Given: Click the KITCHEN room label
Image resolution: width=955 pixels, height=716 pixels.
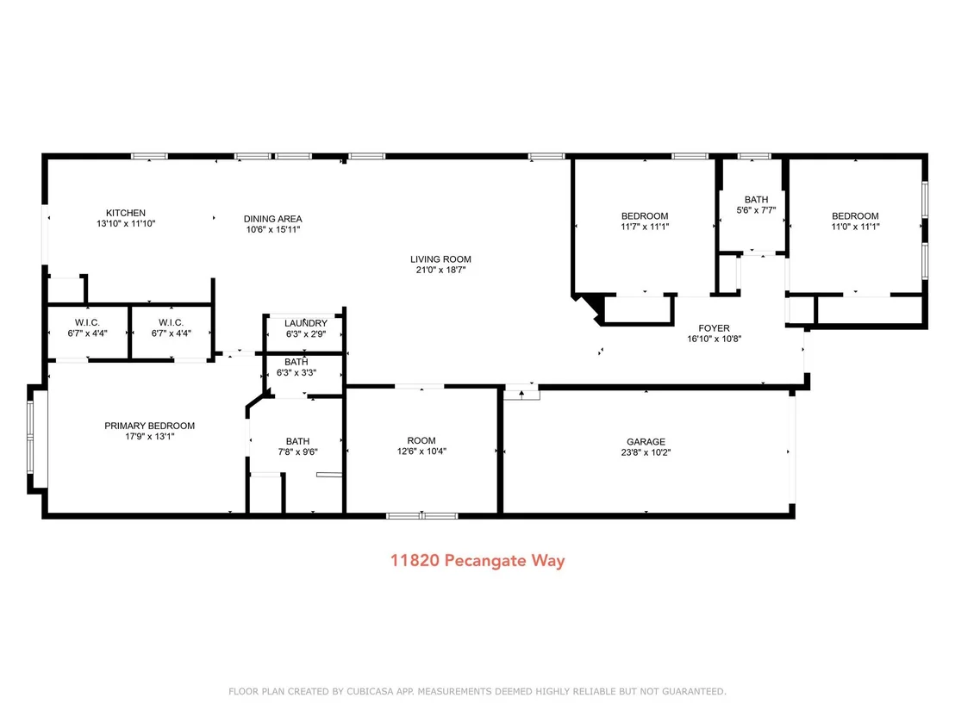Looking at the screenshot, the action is tap(126, 213).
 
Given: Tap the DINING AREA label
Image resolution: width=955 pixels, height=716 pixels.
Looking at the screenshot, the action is tap(273, 219).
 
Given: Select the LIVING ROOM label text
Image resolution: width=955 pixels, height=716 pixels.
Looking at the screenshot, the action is tap(440, 259).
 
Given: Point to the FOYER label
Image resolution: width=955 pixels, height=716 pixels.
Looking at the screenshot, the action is tap(714, 328).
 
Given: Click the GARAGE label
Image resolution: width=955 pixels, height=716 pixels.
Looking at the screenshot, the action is tap(646, 442).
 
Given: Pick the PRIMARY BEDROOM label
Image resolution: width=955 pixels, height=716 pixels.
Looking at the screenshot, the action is tap(150, 426).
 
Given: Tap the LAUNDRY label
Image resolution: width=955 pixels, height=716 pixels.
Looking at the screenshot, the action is tap(306, 323).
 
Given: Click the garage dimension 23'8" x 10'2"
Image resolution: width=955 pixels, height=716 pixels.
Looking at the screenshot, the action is tap(646, 452).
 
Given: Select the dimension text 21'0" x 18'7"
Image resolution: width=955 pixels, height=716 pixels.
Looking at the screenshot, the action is tap(440, 270).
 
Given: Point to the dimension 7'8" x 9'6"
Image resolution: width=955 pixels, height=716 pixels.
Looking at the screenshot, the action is tap(298, 451).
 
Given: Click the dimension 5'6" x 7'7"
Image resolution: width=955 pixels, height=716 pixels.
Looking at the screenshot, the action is tap(757, 210).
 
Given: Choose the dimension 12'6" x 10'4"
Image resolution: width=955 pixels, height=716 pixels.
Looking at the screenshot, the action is tap(421, 451).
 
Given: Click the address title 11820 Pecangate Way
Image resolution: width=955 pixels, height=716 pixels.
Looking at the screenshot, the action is tap(477, 560).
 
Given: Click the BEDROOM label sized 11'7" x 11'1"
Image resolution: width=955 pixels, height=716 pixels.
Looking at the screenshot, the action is tap(645, 216).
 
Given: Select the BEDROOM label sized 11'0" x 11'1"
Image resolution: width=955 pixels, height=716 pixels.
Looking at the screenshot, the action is tap(855, 216).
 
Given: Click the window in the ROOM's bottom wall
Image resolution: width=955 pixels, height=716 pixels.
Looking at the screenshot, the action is tap(422, 516).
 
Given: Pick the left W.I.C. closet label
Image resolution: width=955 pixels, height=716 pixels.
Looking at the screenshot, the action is tap(87, 323).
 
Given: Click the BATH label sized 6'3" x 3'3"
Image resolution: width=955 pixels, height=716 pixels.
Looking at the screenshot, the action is tap(296, 362).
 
